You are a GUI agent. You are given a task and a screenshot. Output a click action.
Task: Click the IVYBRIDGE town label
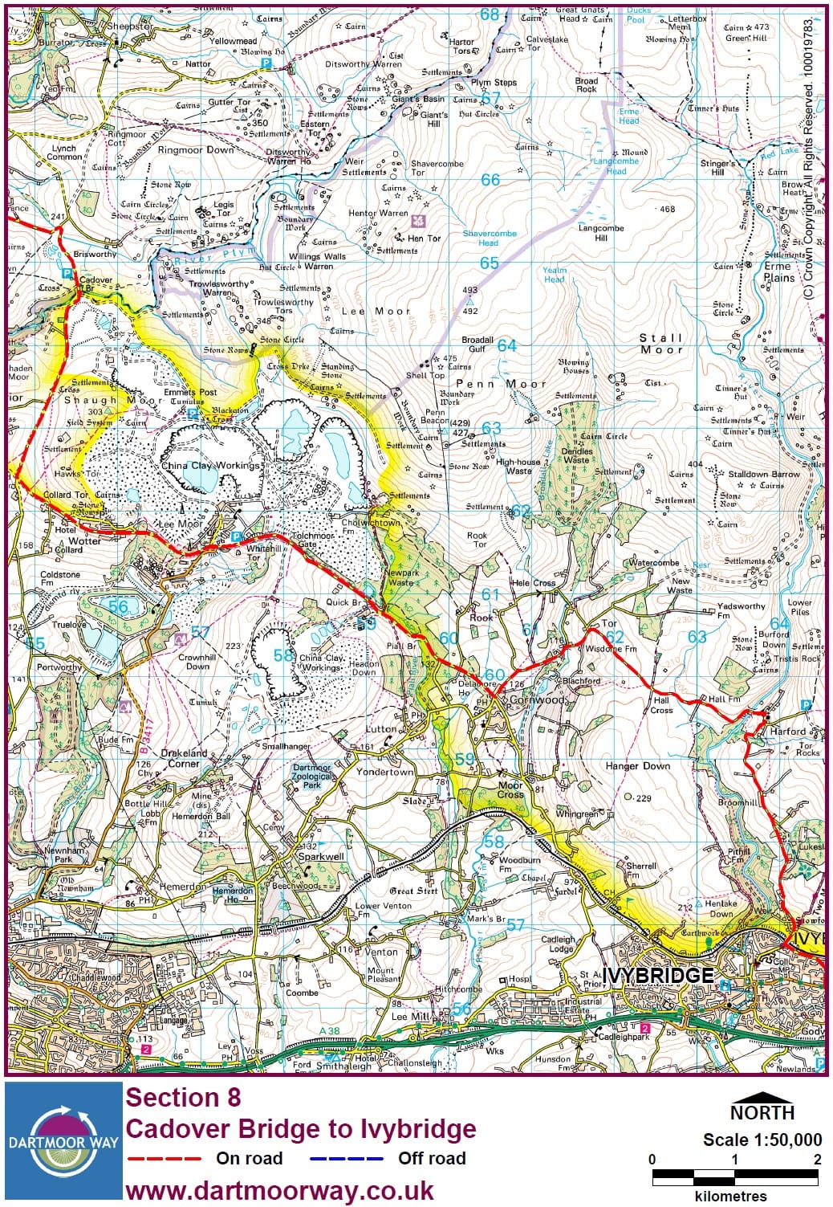pos(658,975)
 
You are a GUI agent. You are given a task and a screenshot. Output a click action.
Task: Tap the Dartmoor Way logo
pos(63,1140)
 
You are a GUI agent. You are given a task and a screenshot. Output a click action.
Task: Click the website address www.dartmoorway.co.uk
pos(279,1190)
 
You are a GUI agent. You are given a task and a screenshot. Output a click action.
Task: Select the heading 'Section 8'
pos(183,1097)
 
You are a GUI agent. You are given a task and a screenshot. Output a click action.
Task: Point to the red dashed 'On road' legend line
pos(164,1159)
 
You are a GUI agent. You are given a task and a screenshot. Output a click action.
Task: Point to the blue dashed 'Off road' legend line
pos(346,1159)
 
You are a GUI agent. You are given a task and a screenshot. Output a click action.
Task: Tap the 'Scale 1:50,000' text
pos(762,1140)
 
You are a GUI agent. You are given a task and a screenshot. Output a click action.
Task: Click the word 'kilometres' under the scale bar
pos(730,1196)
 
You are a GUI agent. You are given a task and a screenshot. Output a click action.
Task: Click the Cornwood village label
pos(538,699)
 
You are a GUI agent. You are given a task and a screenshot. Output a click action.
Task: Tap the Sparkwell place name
pos(321,856)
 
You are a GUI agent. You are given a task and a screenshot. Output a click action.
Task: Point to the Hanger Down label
pos(637,766)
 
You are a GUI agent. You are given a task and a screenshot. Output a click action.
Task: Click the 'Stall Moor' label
pos(661,344)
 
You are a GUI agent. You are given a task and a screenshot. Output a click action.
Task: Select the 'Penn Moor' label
pos(500,384)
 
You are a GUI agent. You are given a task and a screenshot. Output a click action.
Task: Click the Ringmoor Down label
pos(196,150)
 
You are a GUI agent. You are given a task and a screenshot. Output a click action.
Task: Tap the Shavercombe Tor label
pos(437,168)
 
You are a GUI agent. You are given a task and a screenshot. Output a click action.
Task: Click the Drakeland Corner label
pos(184,758)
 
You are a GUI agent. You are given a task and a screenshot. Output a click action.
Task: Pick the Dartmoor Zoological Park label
pos(311,776)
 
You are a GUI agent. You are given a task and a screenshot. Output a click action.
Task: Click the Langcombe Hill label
pos(601,233)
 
